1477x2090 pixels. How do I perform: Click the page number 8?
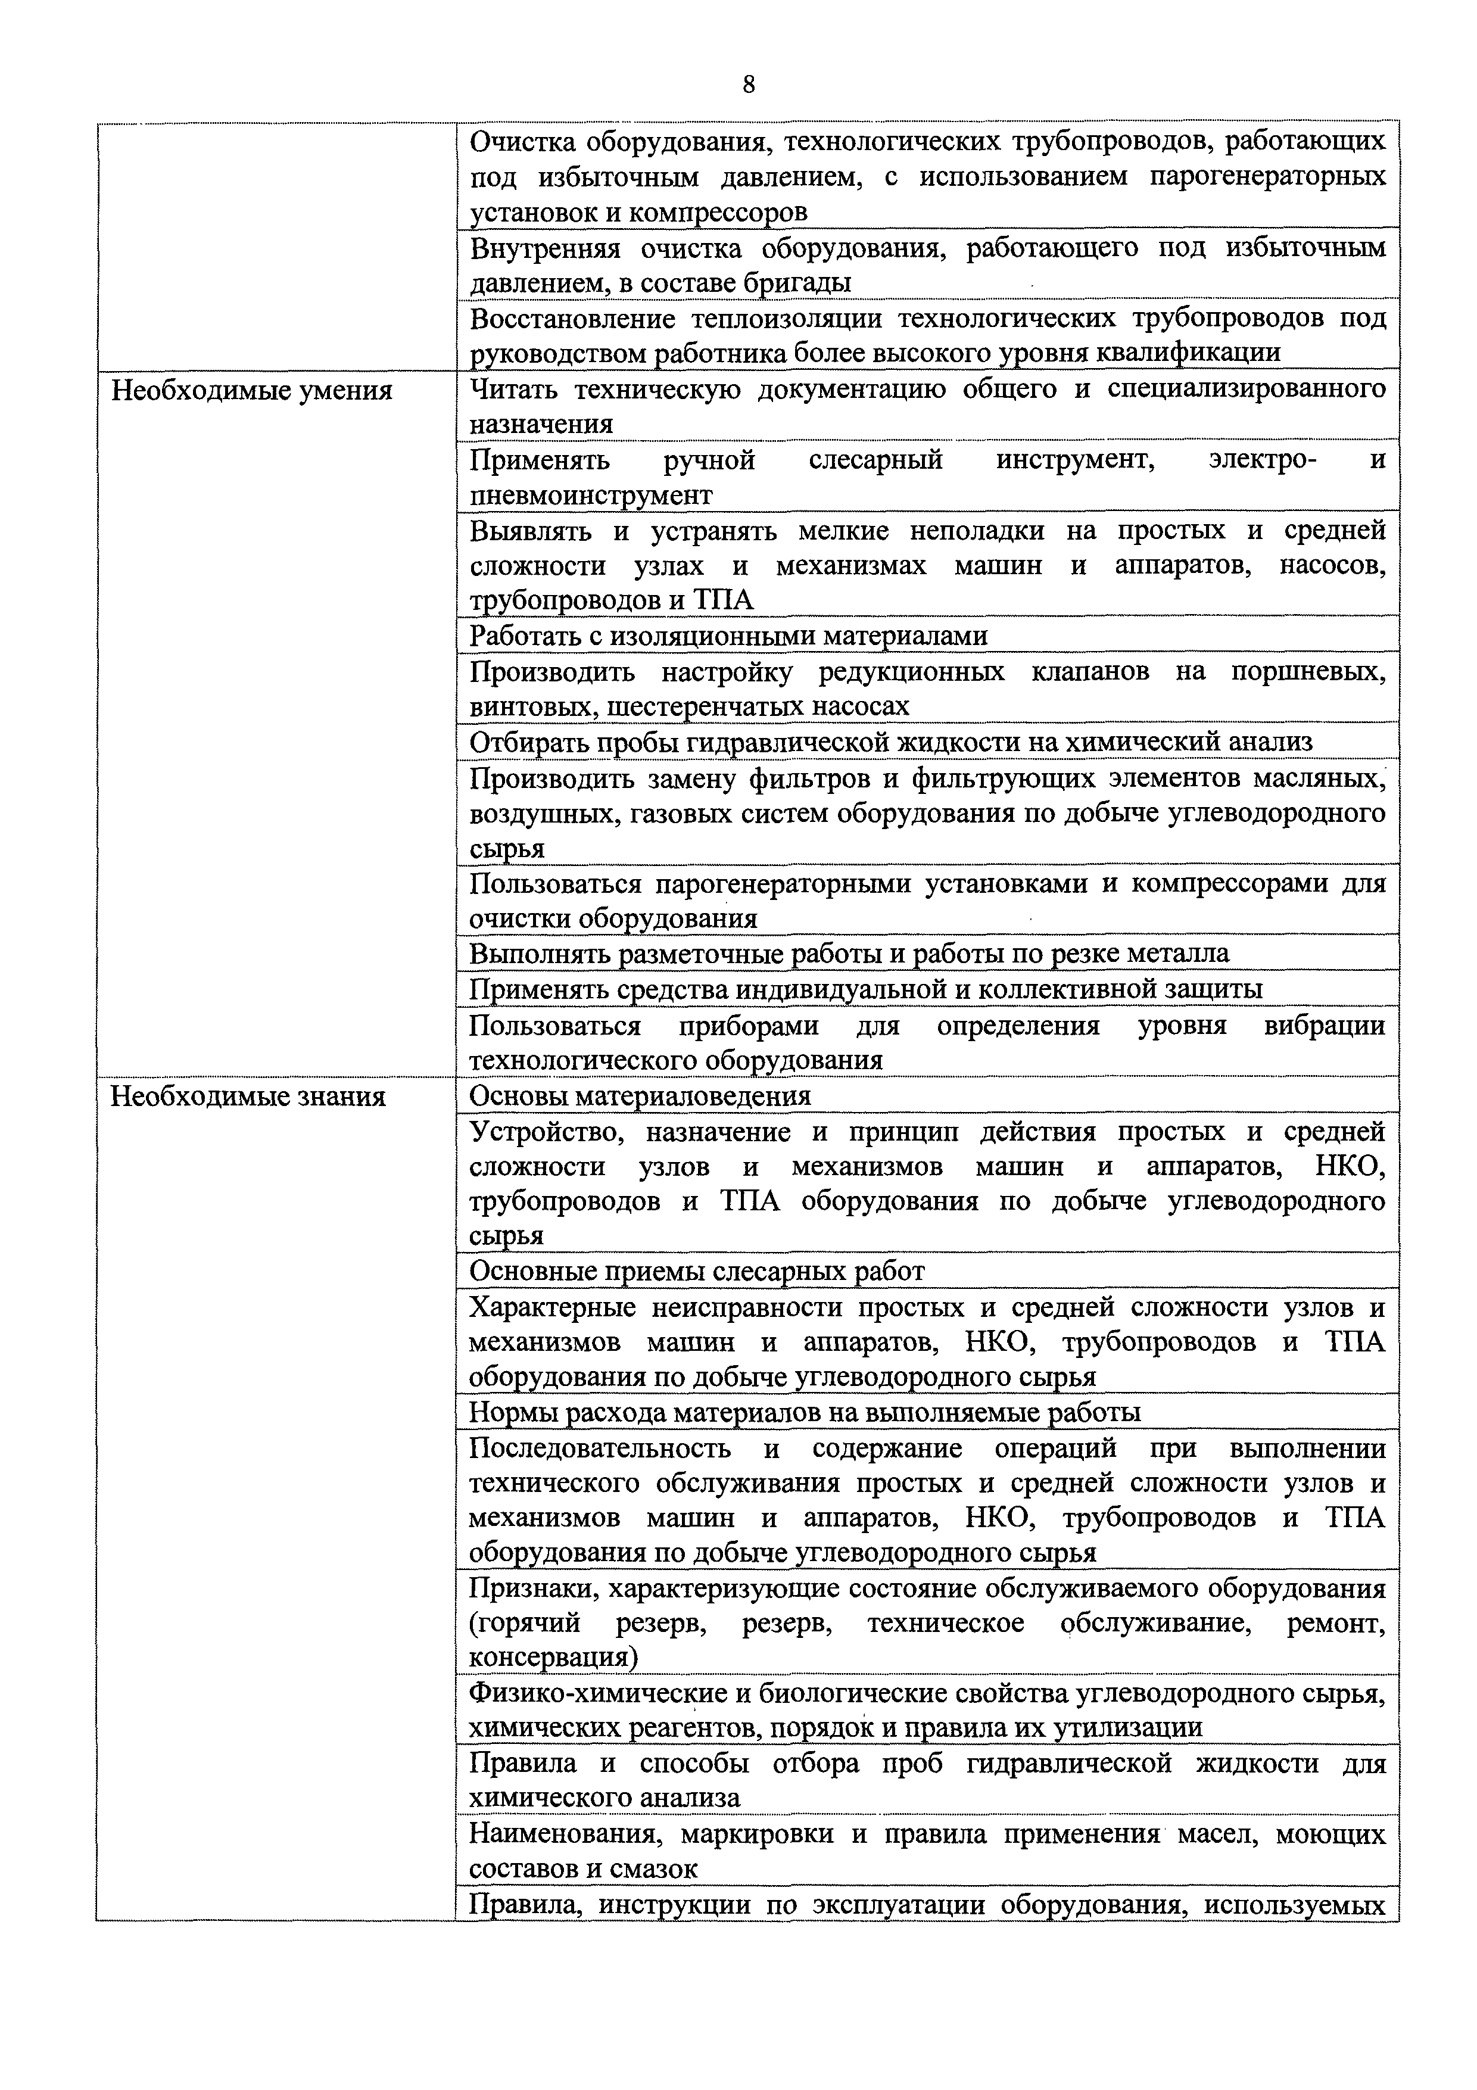(748, 85)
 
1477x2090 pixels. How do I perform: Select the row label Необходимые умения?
(251, 391)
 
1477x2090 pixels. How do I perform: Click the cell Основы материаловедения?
(640, 1096)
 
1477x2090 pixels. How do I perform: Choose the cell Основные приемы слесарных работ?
(696, 1271)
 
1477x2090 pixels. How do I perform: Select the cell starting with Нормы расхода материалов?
(805, 1412)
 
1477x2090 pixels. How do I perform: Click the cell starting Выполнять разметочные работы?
(848, 953)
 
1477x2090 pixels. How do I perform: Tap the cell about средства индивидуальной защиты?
(865, 989)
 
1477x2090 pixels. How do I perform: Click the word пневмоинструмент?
(591, 495)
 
